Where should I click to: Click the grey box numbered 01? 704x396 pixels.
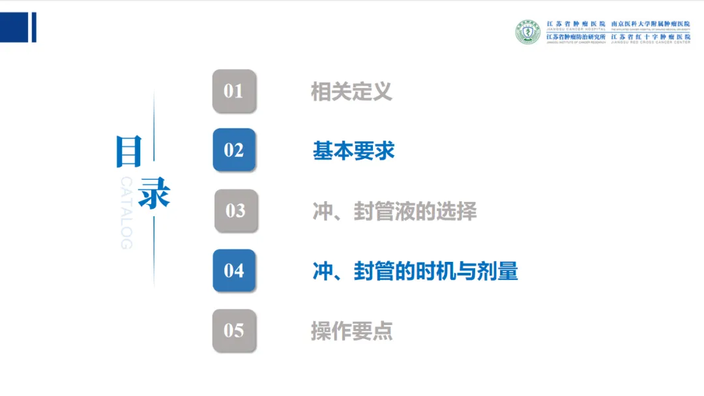[234, 91]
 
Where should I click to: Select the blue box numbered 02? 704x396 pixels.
[234, 150]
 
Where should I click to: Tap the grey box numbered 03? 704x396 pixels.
[235, 210]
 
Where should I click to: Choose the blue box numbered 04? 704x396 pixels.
[234, 270]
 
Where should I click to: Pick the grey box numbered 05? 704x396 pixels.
[234, 330]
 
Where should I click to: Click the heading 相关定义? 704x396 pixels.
[351, 91]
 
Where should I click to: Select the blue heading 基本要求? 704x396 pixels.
[353, 151]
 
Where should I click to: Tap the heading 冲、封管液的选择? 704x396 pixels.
[394, 211]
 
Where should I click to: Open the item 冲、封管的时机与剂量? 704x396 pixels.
[415, 271]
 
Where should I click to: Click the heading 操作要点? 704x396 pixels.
[351, 331]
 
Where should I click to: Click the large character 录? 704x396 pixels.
[154, 193]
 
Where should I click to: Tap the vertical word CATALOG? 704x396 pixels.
[126, 212]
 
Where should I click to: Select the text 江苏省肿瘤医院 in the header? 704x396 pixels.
[576, 24]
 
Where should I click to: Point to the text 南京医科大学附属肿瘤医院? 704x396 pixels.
[650, 24]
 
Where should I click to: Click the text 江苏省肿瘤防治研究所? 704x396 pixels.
[576, 36]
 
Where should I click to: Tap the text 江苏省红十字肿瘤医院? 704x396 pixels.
[650, 36]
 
